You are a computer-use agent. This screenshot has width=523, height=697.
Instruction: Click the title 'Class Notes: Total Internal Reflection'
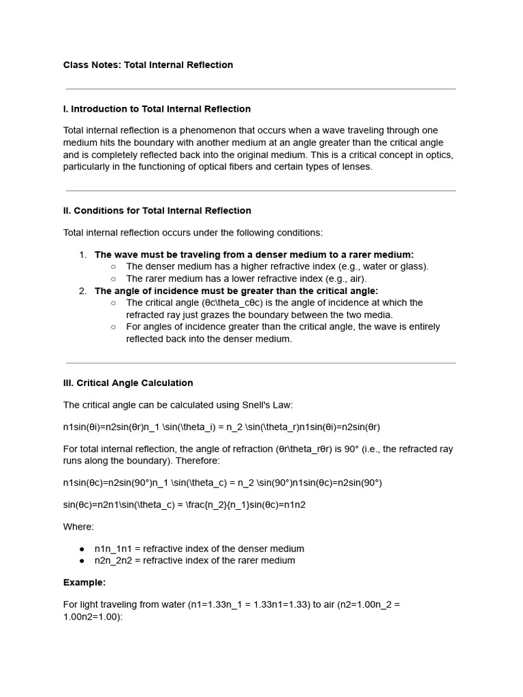pyautogui.click(x=148, y=65)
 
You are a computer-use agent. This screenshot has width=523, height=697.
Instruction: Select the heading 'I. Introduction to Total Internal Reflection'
pyautogui.click(x=157, y=109)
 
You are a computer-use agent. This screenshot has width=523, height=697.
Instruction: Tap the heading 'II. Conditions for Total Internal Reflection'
pyautogui.click(x=157, y=211)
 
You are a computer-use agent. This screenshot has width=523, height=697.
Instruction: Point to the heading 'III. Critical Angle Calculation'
pyautogui.click(x=128, y=383)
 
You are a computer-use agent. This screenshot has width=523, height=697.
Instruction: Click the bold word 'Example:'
pyautogui.click(x=84, y=583)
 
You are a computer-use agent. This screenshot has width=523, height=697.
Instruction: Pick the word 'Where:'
pyautogui.click(x=79, y=527)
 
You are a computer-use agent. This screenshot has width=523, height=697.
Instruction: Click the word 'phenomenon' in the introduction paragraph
pyautogui.click(x=228, y=131)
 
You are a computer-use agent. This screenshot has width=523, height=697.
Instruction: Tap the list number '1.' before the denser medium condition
pyautogui.click(x=82, y=255)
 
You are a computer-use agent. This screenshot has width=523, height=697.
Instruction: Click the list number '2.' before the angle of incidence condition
pyautogui.click(x=82, y=291)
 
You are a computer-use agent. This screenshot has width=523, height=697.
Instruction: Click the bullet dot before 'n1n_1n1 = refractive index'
pyautogui.click(x=82, y=549)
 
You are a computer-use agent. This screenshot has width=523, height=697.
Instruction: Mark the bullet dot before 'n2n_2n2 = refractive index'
pyautogui.click(x=82, y=561)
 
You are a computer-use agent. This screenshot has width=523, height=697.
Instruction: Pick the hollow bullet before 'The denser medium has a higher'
pyautogui.click(x=113, y=267)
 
